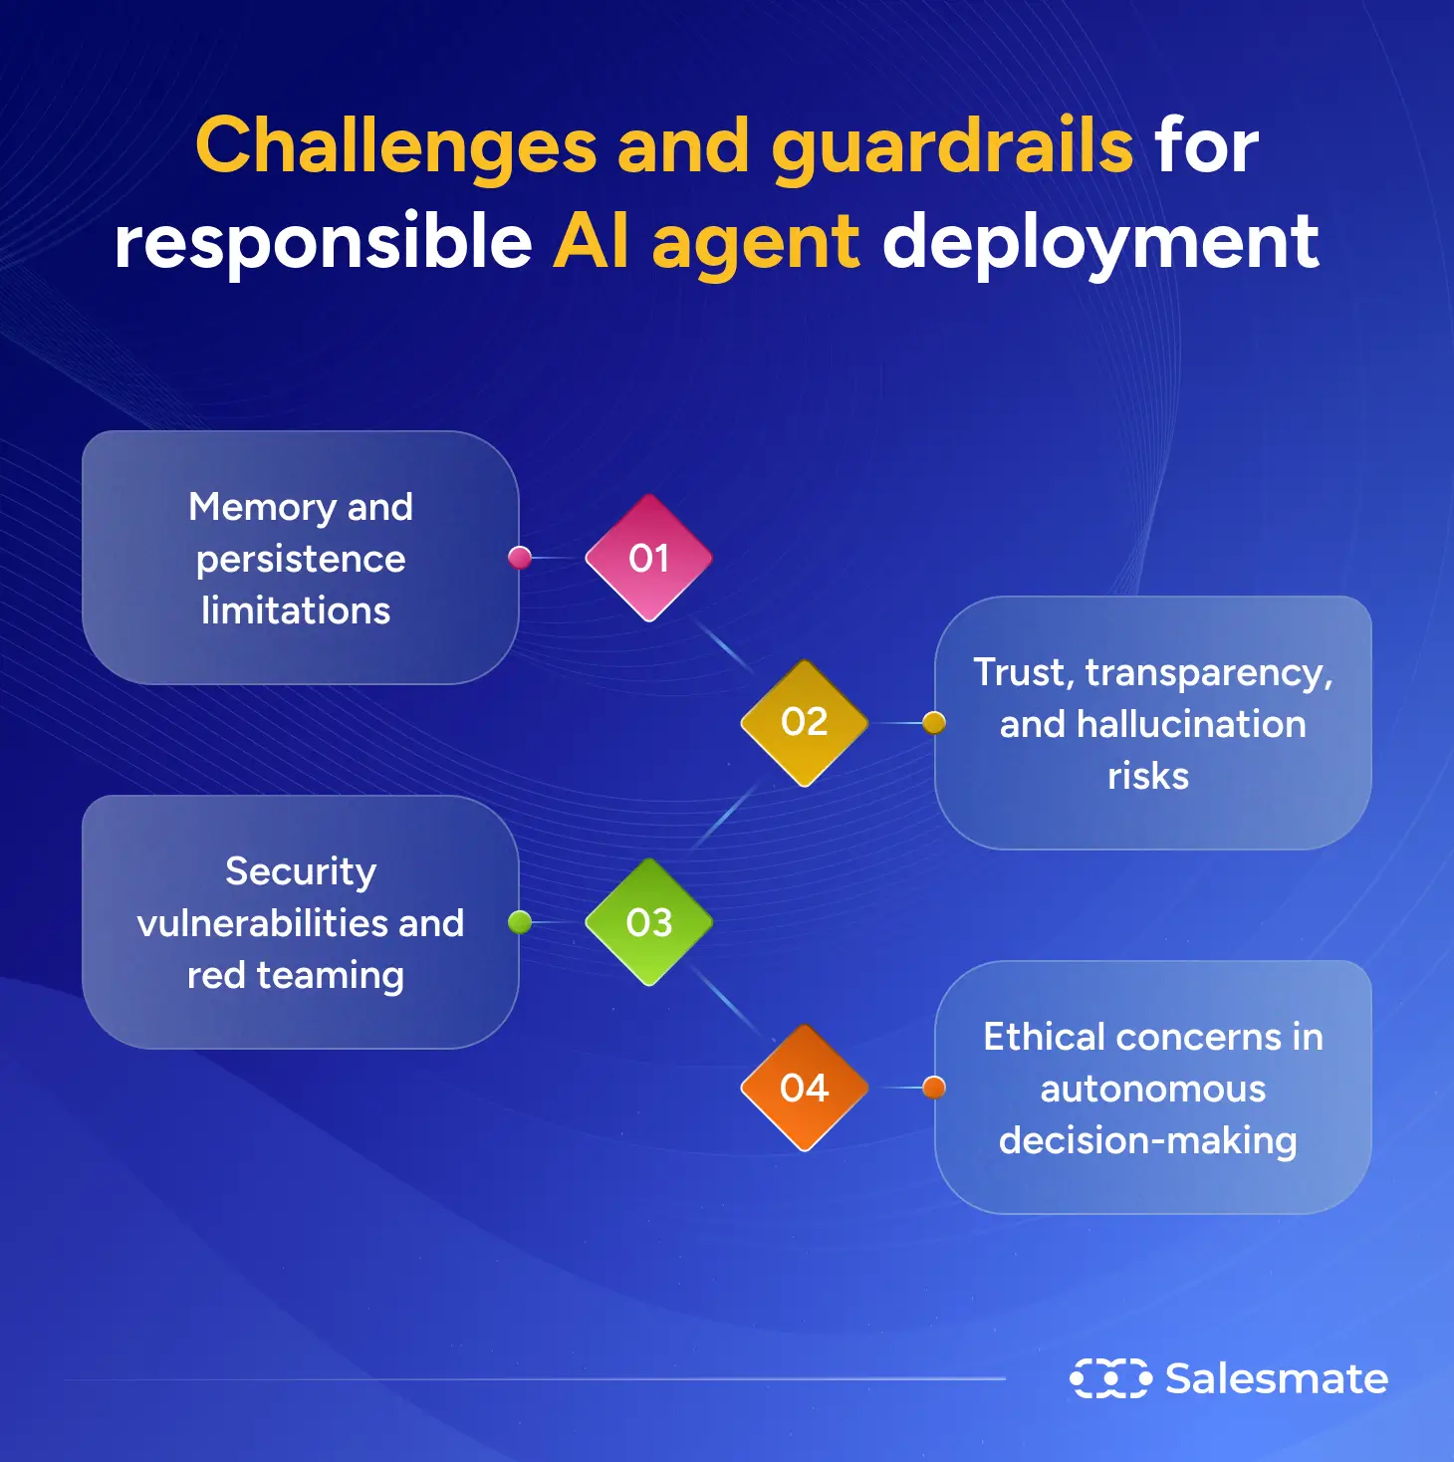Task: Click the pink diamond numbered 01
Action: [x=648, y=558]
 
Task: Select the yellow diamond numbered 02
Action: [x=804, y=722]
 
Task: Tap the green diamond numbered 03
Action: [x=648, y=922]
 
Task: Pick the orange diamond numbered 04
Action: [x=804, y=1088]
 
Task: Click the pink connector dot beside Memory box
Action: [x=520, y=558]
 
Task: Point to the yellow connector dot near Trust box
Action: [x=933, y=722]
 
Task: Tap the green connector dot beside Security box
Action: [x=520, y=922]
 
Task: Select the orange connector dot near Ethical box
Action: [x=933, y=1088]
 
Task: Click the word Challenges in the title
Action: [x=395, y=145]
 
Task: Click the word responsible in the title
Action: [x=323, y=242]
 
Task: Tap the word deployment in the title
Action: [x=1100, y=242]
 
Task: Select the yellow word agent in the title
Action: [x=756, y=244]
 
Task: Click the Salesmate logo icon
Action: [x=1109, y=1378]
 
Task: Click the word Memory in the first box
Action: [x=262, y=507]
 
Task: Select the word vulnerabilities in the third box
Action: [x=263, y=923]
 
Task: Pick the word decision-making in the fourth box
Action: [x=1147, y=1140]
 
